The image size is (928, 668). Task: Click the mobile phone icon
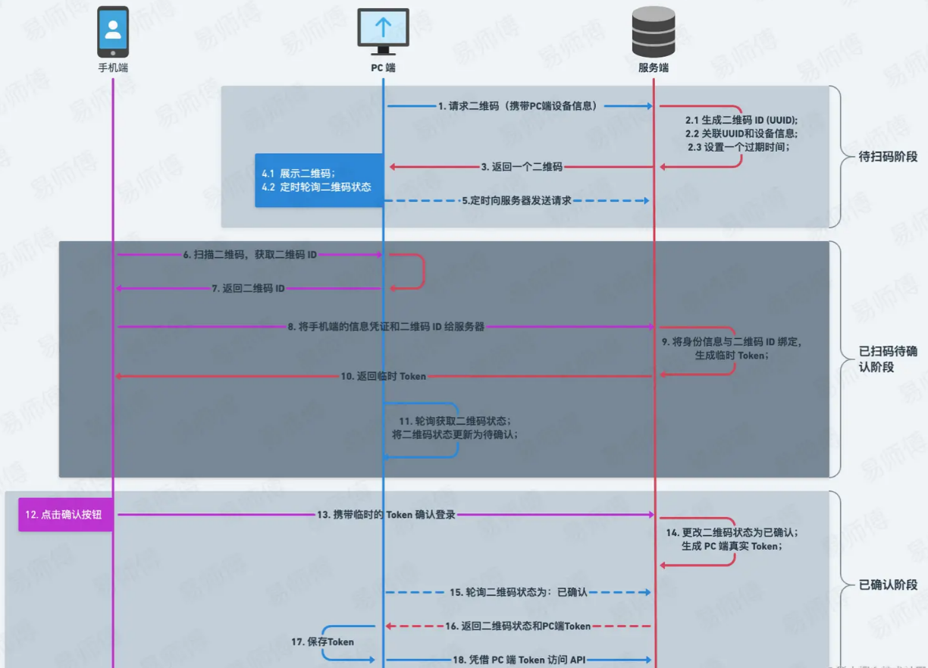[x=113, y=32]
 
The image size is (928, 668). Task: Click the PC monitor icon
[x=383, y=31]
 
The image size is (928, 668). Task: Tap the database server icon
[x=653, y=30]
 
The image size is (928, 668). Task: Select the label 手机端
[x=113, y=67]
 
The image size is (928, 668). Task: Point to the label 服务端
[x=653, y=67]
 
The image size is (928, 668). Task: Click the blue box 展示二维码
[x=318, y=180]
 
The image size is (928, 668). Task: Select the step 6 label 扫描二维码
[x=249, y=255]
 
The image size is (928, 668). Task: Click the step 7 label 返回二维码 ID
[x=248, y=288]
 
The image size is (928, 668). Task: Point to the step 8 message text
[x=385, y=327]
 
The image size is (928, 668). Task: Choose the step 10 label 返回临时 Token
[x=383, y=376]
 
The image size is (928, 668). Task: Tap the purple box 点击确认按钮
[x=66, y=514]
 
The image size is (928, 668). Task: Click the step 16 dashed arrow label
[x=518, y=626]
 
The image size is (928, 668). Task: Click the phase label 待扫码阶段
[x=889, y=157]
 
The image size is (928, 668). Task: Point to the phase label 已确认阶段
[x=889, y=585]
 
